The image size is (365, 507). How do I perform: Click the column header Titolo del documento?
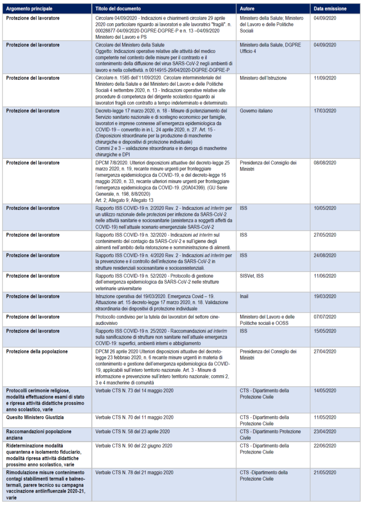[118, 9]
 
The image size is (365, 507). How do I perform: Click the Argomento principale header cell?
[33, 9]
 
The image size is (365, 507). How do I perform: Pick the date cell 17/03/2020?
[325, 110]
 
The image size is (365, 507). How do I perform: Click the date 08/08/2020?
[325, 162]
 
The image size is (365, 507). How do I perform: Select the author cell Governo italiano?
[255, 110]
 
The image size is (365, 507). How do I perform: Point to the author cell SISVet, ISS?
[253, 274]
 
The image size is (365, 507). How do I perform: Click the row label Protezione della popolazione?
[37, 351]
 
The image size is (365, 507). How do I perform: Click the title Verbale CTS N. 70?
[134, 417]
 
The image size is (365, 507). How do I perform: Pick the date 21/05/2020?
[325, 472]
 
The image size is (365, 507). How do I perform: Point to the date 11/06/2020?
[325, 274]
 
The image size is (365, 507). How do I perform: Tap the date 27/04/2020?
[325, 351]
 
